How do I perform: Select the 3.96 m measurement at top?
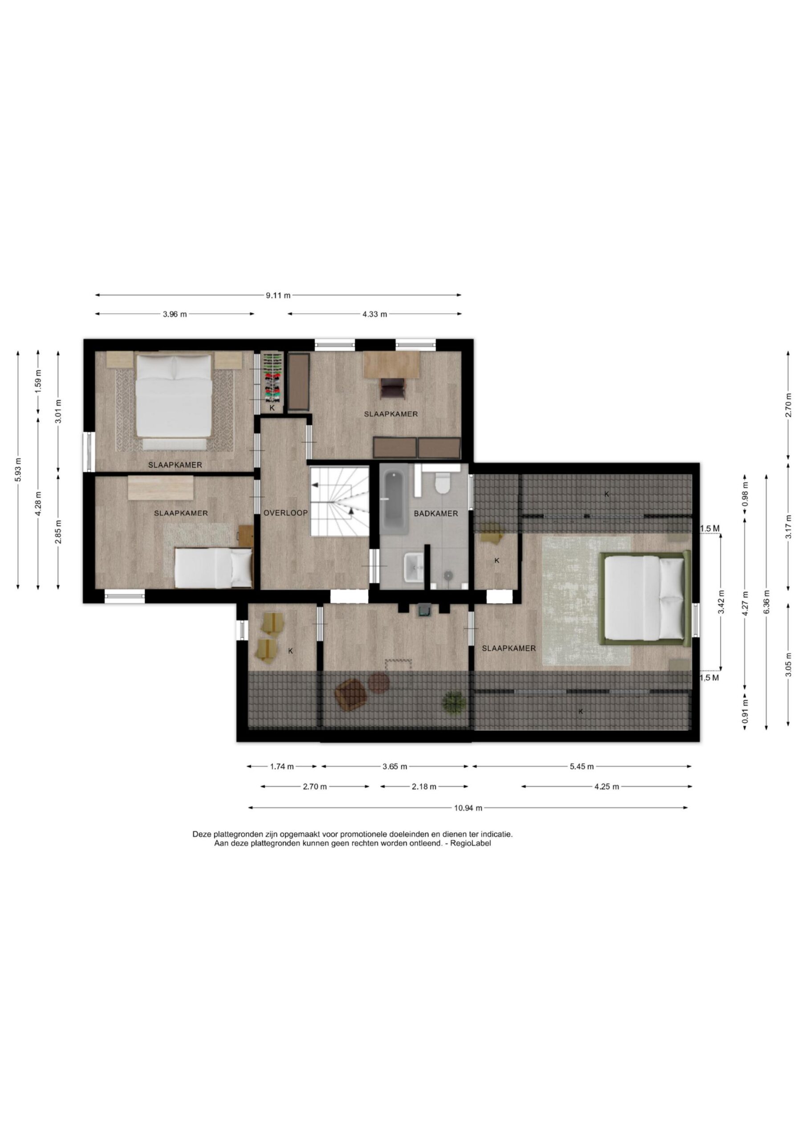[175, 314]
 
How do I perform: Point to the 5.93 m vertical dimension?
[18, 469]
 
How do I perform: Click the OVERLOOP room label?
[285, 513]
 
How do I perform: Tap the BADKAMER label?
[436, 513]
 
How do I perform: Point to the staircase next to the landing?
[340, 501]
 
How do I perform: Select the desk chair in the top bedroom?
[392, 388]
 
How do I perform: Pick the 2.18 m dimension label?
[424, 786]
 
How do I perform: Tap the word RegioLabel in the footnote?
[471, 843]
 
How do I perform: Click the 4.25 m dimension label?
[607, 786]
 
